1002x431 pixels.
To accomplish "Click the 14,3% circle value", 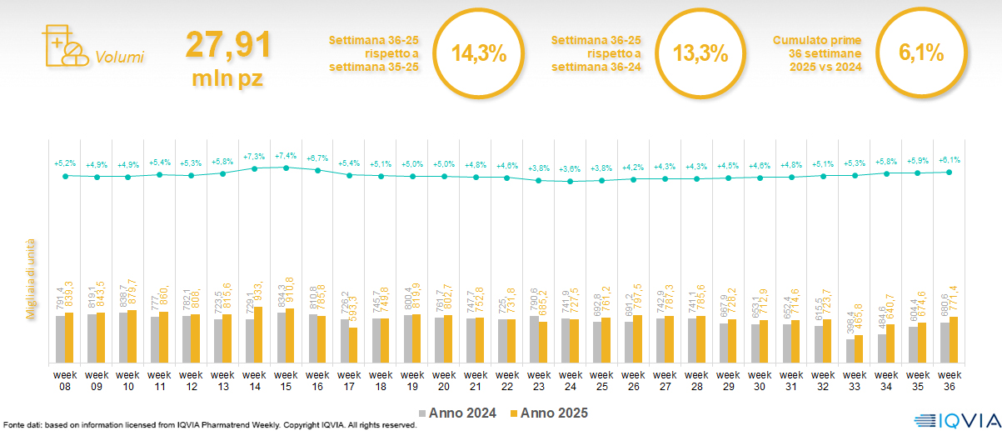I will (479, 54).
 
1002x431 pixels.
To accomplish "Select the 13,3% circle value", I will (700, 54).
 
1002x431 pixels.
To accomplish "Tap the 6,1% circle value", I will (921, 54).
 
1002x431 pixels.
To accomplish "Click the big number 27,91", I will (228, 44).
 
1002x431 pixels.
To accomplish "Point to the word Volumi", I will (120, 58).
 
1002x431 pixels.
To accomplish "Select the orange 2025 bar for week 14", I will (258, 334).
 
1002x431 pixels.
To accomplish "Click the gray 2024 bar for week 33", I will (850, 350).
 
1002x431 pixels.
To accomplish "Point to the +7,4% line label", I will (286, 156).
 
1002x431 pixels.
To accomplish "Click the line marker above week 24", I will (571, 181).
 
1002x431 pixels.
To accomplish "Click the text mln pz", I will (228, 78).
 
